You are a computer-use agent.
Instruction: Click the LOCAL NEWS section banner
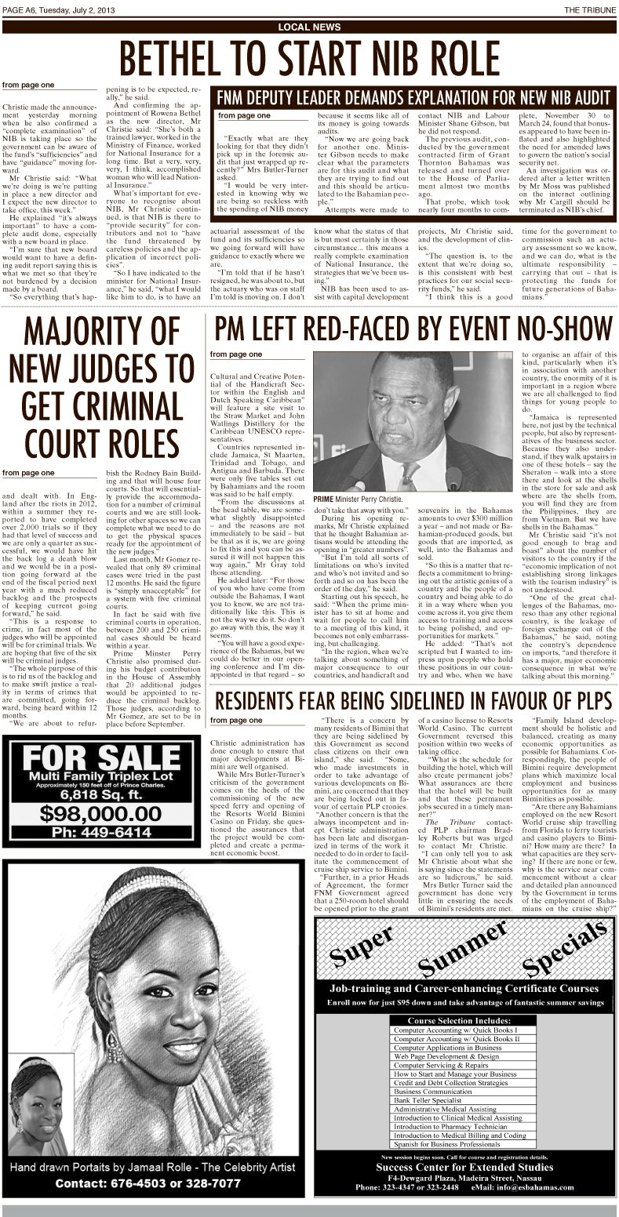[309, 27]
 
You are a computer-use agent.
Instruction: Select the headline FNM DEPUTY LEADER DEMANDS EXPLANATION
[413, 97]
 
